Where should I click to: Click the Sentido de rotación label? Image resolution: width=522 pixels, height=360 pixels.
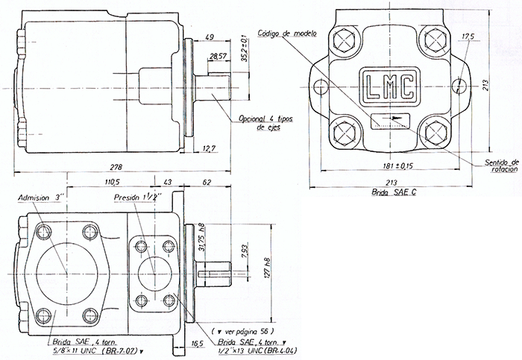pyautogui.click(x=500, y=165)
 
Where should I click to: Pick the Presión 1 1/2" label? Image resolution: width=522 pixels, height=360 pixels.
pyautogui.click(x=137, y=199)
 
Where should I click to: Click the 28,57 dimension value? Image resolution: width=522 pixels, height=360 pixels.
pyautogui.click(x=218, y=57)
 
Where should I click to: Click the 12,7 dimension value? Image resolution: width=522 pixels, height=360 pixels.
pyautogui.click(x=210, y=148)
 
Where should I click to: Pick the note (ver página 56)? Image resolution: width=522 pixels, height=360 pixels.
pyautogui.click(x=242, y=329)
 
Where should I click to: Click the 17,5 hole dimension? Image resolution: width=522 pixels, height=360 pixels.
pyautogui.click(x=468, y=37)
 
